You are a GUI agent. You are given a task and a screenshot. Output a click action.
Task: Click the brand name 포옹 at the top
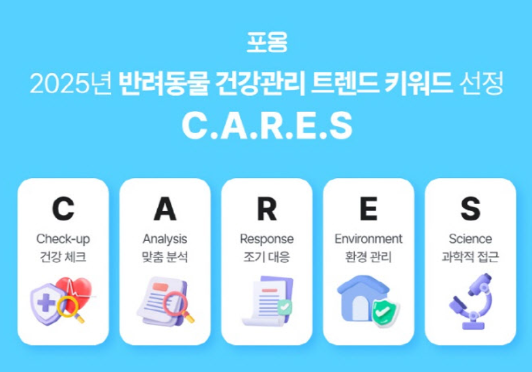[x=267, y=42]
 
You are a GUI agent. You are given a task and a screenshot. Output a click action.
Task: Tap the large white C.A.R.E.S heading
[x=267, y=125]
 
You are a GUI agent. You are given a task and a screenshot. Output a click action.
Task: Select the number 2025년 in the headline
[x=70, y=83]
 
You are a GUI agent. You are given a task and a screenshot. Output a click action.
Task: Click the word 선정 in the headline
[x=481, y=83]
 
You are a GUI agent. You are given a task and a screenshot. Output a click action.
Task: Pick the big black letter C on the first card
[x=63, y=209]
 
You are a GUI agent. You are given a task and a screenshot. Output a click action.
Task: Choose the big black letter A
[x=165, y=209]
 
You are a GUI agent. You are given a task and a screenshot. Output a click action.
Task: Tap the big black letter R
[x=267, y=209]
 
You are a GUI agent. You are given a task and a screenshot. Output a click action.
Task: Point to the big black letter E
[x=368, y=209]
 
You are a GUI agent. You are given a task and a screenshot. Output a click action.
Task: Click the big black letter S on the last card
[x=470, y=209]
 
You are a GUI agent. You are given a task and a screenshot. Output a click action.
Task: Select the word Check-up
[x=63, y=239]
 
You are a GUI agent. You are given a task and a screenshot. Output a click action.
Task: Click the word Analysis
[x=165, y=239]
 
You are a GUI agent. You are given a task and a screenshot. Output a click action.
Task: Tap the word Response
[x=267, y=239]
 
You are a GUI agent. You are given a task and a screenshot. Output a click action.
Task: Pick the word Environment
[x=368, y=239]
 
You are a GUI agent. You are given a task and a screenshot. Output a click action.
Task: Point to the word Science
[x=470, y=239]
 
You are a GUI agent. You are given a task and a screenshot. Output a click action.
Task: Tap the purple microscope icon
[x=471, y=302]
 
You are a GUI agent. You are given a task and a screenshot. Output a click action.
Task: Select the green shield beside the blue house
[x=385, y=313]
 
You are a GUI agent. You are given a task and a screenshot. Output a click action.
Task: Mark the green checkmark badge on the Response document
[x=284, y=307]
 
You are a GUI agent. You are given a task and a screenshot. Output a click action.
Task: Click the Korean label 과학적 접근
[x=470, y=257]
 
